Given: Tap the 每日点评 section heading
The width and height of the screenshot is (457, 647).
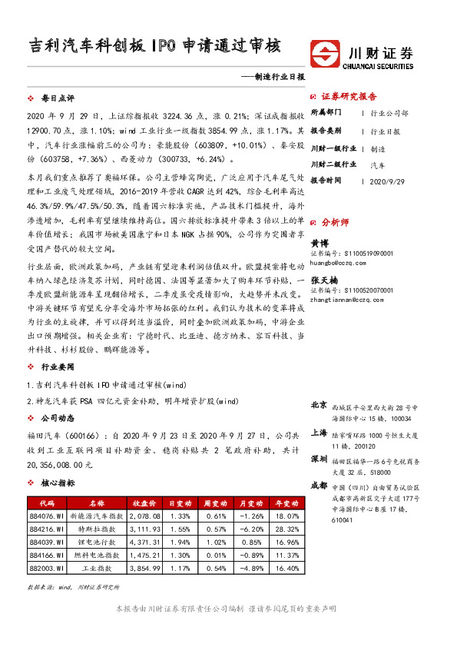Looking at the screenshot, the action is pyautogui.click(x=58, y=99).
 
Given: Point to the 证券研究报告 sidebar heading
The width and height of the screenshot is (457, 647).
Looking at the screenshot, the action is pyautogui.click(x=349, y=97).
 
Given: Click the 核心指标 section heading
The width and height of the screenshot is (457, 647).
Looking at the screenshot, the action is pyautogui.click(x=58, y=483).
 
